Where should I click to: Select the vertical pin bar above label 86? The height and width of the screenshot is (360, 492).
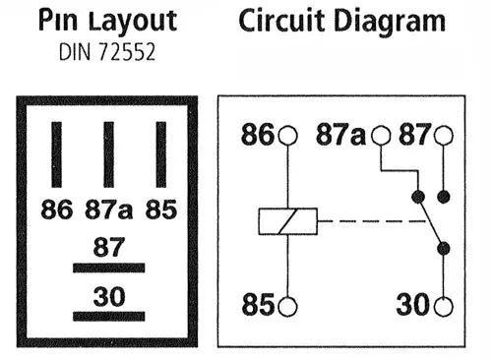(56, 154)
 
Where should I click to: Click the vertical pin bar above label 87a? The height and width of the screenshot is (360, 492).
(109, 154)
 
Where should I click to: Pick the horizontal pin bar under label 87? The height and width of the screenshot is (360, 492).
(108, 268)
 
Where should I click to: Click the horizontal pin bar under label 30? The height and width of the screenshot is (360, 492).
(108, 316)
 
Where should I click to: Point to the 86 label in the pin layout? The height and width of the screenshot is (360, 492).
(57, 209)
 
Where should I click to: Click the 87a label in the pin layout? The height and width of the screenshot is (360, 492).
(108, 209)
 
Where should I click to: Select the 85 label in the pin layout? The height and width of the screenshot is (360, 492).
(161, 209)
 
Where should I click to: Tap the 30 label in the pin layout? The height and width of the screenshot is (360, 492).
(108, 294)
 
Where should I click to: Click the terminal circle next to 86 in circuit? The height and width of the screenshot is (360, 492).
(287, 137)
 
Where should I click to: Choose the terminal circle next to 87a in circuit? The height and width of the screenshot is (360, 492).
(381, 137)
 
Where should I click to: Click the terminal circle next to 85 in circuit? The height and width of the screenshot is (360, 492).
(287, 306)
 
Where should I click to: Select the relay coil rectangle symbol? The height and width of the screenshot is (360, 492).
(287, 221)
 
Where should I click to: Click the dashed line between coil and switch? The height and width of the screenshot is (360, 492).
(364, 221)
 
